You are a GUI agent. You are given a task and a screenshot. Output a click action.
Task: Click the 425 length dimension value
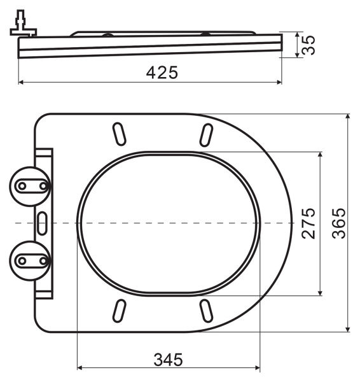(162, 73)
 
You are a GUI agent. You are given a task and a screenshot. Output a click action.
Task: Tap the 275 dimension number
(308, 223)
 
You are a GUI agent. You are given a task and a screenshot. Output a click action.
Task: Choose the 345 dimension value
(168, 359)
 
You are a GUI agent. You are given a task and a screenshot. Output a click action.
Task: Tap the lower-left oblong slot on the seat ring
(119, 311)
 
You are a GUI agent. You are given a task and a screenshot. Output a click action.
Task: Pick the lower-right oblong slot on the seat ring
(206, 311)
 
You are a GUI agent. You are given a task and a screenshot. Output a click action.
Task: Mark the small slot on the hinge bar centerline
(43, 223)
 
